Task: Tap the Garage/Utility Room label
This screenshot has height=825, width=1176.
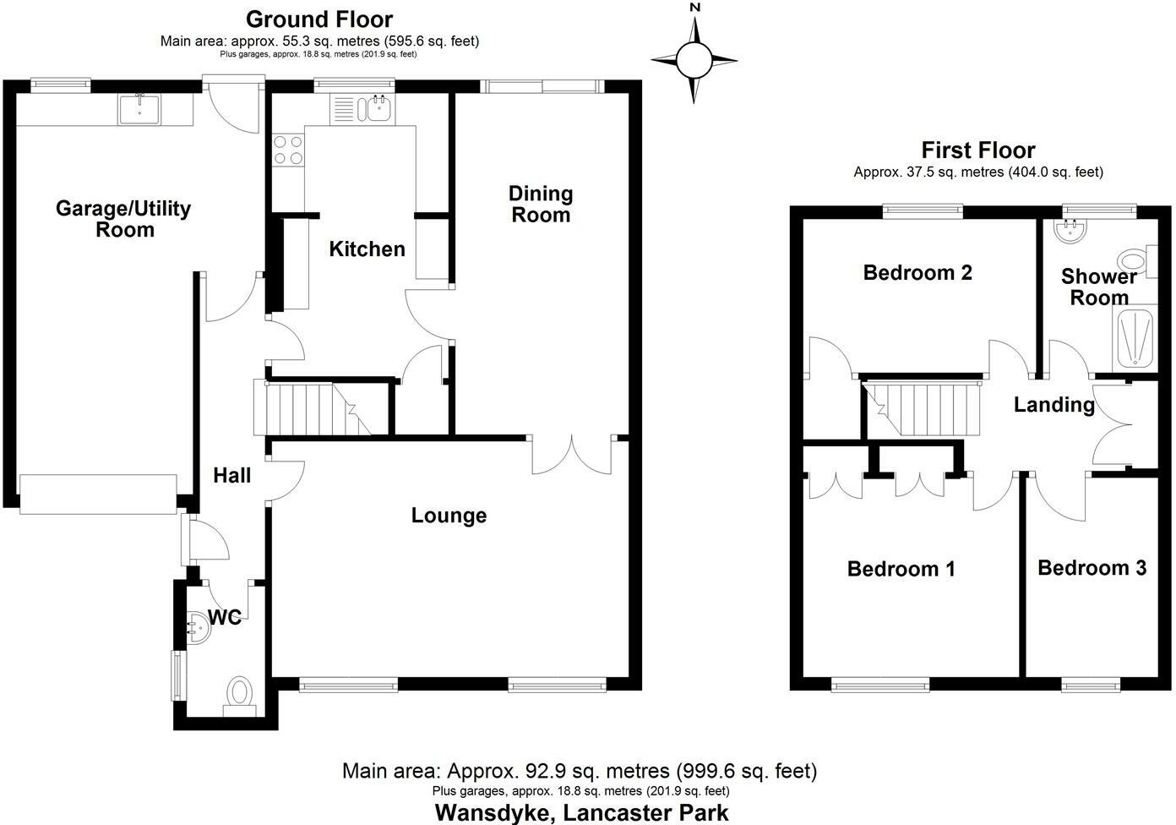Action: pyautogui.click(x=123, y=219)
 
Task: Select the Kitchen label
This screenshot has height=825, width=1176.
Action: pyautogui.click(x=367, y=249)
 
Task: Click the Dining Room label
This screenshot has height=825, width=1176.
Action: pyautogui.click(x=541, y=205)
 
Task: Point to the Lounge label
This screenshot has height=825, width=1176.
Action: pyautogui.click(x=449, y=516)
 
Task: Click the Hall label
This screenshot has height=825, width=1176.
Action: pyautogui.click(x=231, y=476)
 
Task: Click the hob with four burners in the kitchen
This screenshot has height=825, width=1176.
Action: pyautogui.click(x=288, y=150)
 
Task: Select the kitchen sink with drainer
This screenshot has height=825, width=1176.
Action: pyautogui.click(x=363, y=108)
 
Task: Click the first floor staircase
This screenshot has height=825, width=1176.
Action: pyautogui.click(x=922, y=408)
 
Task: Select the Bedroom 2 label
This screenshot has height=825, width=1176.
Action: pyautogui.click(x=917, y=272)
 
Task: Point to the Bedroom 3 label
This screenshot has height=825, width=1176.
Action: pyautogui.click(x=1092, y=568)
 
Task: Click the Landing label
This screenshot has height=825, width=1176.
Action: pyautogui.click(x=1053, y=405)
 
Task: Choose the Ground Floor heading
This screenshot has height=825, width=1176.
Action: pyautogui.click(x=319, y=19)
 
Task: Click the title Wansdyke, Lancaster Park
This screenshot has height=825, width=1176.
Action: pyautogui.click(x=580, y=812)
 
